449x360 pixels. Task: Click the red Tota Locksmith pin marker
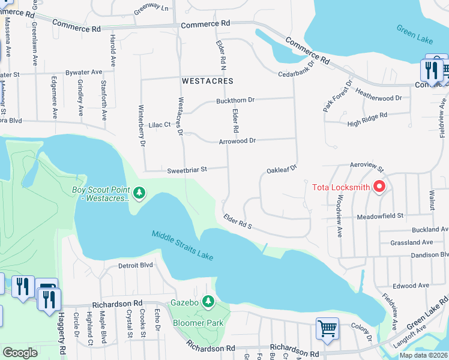pyautogui.click(x=379, y=187)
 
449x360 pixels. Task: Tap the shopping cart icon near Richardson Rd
pyautogui.click(x=327, y=328)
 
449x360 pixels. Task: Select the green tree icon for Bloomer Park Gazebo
pyautogui.click(x=208, y=301)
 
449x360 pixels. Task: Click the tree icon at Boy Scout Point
pyautogui.click(x=139, y=193)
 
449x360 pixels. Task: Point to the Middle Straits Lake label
pyautogui.click(x=182, y=246)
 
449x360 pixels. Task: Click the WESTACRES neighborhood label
pyautogui.click(x=208, y=80)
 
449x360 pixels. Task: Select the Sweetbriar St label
pyautogui.click(x=187, y=170)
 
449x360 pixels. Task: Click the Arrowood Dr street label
pyautogui.click(x=237, y=140)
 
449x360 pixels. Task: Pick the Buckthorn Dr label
pyautogui.click(x=236, y=101)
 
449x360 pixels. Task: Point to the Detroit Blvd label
pyautogui.click(x=136, y=265)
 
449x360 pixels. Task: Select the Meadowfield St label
pyautogui.click(x=380, y=216)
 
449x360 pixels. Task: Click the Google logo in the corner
pyautogui.click(x=20, y=353)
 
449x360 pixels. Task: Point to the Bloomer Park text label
pyautogui.click(x=199, y=323)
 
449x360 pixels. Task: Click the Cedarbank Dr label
pyautogui.click(x=297, y=73)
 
